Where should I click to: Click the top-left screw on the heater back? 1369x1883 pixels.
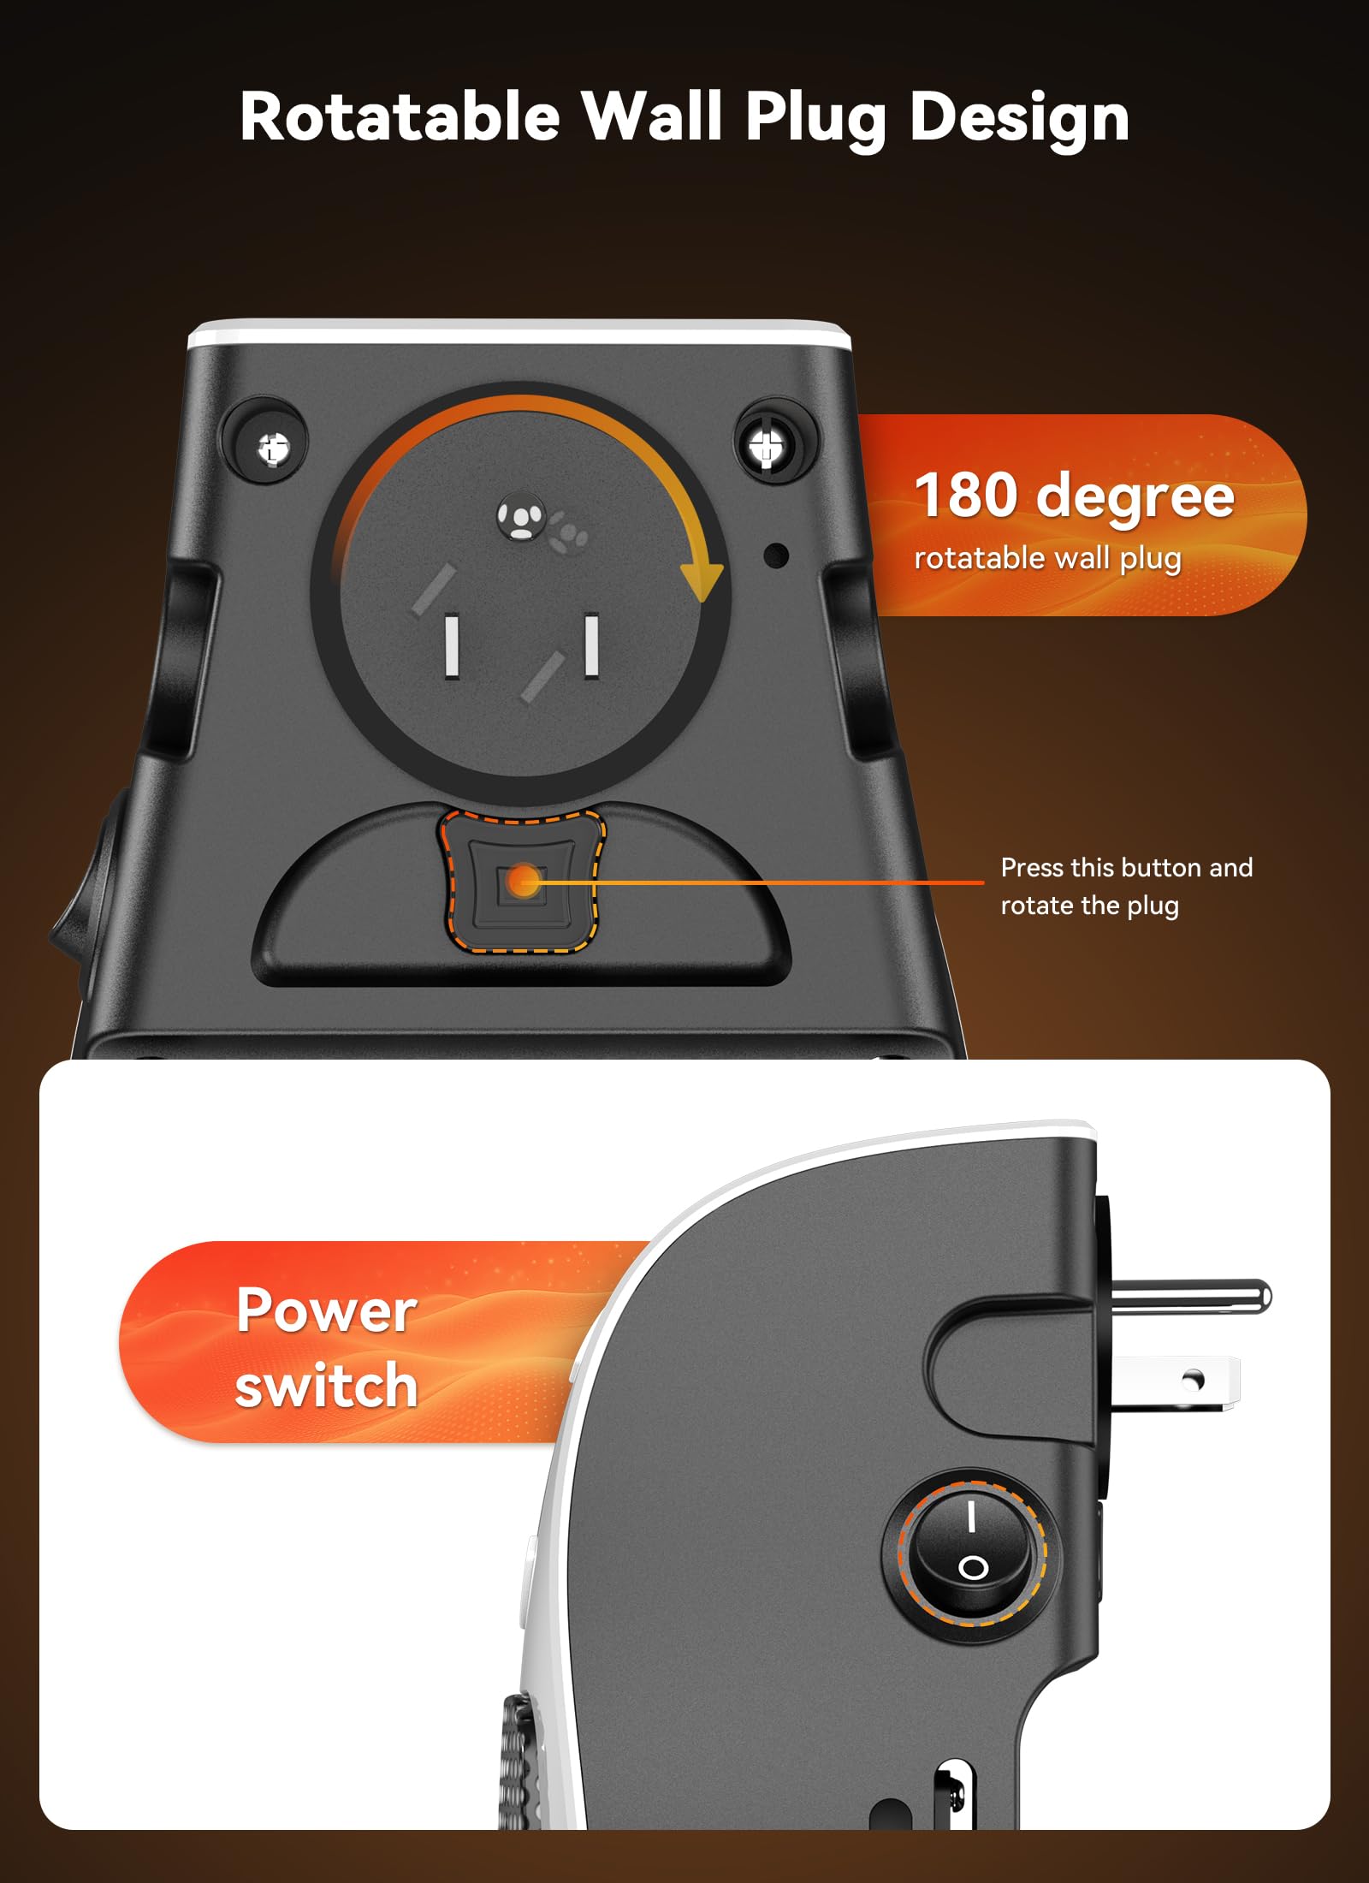[274, 447]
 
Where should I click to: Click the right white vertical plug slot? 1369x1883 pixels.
[590, 644]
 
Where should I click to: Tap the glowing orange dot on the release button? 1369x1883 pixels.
[522, 881]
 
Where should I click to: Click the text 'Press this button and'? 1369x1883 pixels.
[1126, 868]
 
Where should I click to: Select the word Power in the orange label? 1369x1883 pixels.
[327, 1311]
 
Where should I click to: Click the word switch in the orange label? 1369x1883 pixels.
[327, 1386]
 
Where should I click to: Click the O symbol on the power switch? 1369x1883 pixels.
[973, 1568]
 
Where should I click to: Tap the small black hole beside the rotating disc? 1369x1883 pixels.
[775, 555]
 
